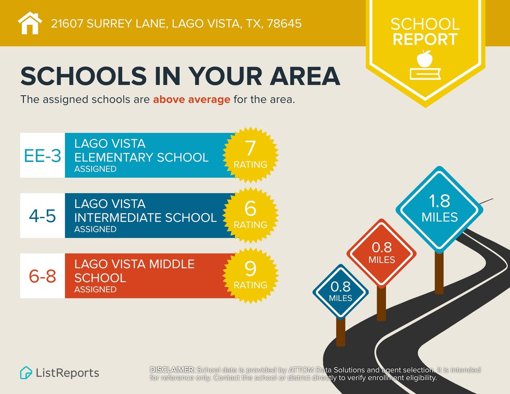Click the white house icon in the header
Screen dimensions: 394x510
[30, 23]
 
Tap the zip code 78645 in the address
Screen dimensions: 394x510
[284, 24]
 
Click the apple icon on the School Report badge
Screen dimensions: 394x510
[425, 59]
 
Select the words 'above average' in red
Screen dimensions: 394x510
[192, 99]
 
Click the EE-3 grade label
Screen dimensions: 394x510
[42, 156]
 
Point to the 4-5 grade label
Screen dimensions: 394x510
[42, 216]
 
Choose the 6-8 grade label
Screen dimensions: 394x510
[42, 276]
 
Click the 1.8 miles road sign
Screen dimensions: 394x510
[440, 209]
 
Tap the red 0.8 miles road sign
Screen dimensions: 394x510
[382, 252]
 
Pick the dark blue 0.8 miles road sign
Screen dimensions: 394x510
[340, 291]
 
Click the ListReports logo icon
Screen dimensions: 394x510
[26, 372]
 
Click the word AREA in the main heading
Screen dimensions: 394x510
[305, 76]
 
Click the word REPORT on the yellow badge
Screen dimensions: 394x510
[425, 39]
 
